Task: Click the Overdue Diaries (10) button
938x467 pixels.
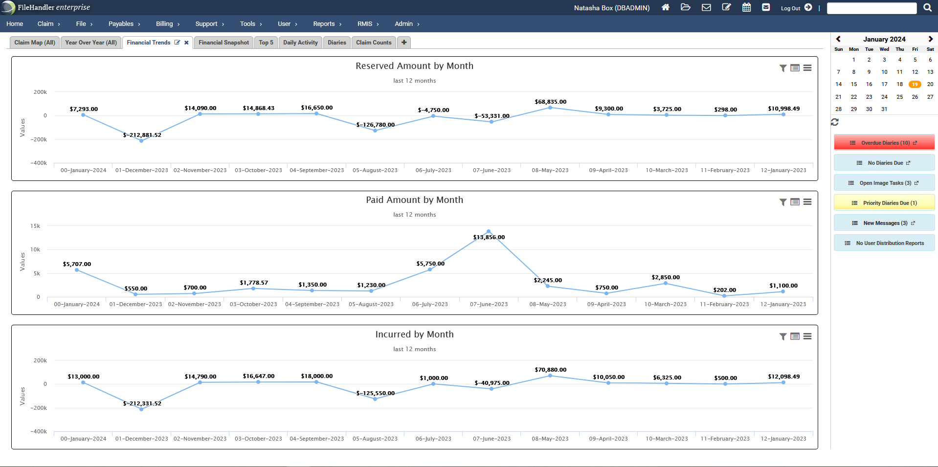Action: tap(884, 143)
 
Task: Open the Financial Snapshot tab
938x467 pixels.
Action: tap(223, 43)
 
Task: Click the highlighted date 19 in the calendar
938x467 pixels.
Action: tap(915, 84)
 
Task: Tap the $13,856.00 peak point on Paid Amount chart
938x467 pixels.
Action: tap(489, 231)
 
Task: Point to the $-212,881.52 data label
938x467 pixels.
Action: tap(142, 135)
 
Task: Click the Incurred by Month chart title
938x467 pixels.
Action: tap(414, 334)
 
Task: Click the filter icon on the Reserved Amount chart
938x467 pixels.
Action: tap(783, 68)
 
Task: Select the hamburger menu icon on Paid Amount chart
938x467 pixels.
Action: tap(807, 202)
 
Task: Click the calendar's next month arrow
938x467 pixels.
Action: tap(930, 39)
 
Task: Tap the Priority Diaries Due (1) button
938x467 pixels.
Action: tap(884, 203)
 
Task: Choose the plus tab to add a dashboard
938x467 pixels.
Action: tap(404, 43)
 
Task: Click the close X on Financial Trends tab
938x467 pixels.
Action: tap(186, 43)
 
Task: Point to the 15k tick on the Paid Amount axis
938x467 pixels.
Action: tap(35, 226)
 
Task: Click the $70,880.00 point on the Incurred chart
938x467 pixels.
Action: tap(550, 376)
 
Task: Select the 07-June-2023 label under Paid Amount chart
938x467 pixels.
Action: tap(489, 304)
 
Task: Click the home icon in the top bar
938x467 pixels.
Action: tap(665, 7)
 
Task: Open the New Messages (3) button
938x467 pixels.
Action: tap(884, 223)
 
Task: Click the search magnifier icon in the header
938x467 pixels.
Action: tap(927, 7)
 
